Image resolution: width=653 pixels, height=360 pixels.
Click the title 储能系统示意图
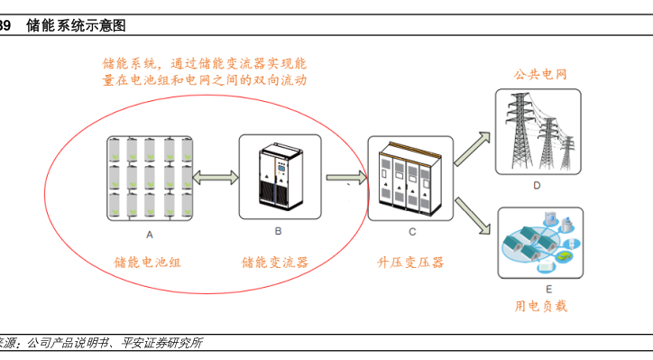[76, 26]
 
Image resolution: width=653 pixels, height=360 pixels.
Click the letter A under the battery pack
[150, 235]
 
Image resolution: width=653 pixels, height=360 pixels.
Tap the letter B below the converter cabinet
[278, 231]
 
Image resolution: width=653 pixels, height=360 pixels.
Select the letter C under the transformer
[412, 232]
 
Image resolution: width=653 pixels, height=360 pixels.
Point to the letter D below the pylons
[537, 186]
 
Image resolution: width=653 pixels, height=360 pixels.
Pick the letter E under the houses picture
[549, 289]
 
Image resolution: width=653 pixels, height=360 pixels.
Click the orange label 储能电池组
[147, 262]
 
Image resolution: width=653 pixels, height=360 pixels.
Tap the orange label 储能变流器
[275, 262]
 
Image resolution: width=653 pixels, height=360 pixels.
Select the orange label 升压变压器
[410, 262]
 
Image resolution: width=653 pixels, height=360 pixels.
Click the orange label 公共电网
[540, 75]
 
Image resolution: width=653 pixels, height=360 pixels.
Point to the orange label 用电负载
[540, 306]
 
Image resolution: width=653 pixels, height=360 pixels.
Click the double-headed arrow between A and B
[216, 178]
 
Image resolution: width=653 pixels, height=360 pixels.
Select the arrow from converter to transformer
[346, 178]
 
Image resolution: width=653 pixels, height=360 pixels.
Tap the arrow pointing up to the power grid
[473, 149]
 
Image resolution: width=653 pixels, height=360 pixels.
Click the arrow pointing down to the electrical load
[473, 216]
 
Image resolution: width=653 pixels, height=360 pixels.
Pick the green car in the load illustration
[563, 256]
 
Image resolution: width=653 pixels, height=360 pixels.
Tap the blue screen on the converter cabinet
[281, 168]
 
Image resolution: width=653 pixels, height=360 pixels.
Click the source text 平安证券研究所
[161, 343]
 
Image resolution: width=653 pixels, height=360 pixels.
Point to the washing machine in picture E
[550, 218]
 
